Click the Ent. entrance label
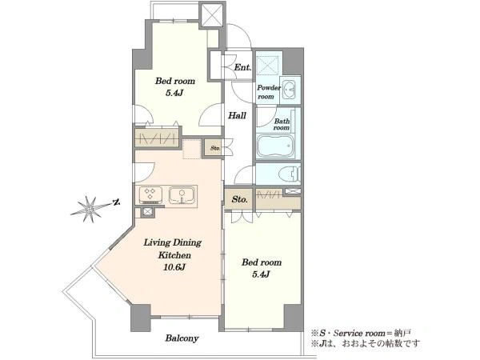[x=242, y=67]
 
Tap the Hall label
[x=238, y=116]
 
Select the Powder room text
[x=269, y=92]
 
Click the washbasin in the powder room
[x=288, y=90]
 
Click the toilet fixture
[x=290, y=174]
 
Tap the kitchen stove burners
[x=150, y=195]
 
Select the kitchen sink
[x=182, y=195]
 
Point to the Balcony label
[x=182, y=338]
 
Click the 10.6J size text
[x=174, y=267]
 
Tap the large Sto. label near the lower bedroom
[x=239, y=199]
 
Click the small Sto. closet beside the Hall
[x=215, y=148]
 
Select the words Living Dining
[x=173, y=242]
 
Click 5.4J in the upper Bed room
[x=174, y=93]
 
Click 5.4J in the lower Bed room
[x=261, y=274]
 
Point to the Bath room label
[x=282, y=124]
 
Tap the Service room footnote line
[x=362, y=333]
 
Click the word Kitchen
[x=174, y=255]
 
